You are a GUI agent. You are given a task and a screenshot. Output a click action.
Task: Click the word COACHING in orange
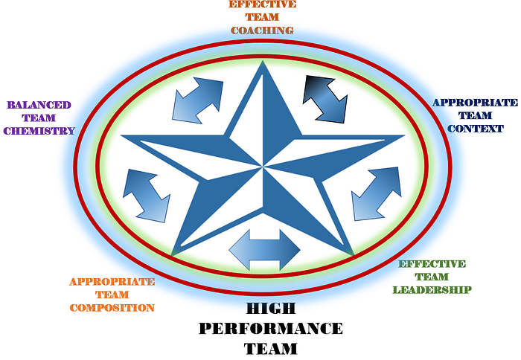tap(262, 30)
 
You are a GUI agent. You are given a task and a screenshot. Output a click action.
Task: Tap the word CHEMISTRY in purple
tap(39, 131)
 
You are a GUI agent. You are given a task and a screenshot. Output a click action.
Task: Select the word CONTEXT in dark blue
tap(475, 129)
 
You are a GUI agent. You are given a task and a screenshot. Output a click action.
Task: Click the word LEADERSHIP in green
tap(432, 289)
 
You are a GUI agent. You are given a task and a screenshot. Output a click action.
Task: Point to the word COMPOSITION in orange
tap(112, 307)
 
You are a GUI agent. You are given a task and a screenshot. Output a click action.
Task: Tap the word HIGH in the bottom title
tap(271, 309)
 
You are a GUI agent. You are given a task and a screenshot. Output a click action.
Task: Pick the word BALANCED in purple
tap(39, 106)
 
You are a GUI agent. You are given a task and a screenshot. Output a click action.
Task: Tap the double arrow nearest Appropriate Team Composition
tap(146, 193)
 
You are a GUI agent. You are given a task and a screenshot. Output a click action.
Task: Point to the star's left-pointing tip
tap(124, 137)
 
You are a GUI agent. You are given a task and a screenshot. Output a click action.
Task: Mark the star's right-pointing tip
tap(403, 137)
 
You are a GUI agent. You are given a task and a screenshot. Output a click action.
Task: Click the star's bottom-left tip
tap(173, 254)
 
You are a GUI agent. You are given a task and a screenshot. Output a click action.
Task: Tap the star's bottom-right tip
tap(351, 254)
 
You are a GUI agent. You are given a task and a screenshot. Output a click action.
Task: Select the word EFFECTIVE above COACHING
tap(262, 4)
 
